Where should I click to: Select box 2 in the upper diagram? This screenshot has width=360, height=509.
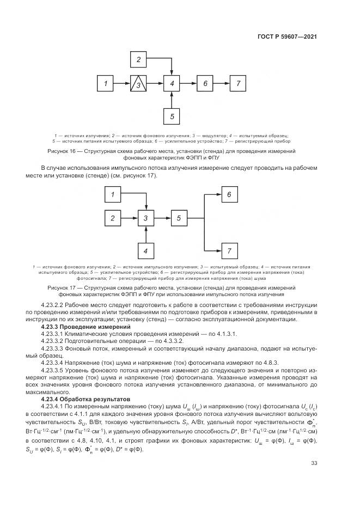point(139,59)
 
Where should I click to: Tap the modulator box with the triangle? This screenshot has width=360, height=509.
point(139,84)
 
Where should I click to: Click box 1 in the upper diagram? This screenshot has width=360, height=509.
point(106,84)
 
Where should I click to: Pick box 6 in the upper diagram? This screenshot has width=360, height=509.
point(205,84)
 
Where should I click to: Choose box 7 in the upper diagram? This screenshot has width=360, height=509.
point(238,84)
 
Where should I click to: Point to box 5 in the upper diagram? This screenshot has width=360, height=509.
point(172,116)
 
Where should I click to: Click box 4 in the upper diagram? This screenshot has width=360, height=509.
point(172,84)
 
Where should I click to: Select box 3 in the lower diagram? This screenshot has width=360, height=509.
point(145,218)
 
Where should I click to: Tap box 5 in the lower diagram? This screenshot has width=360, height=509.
point(179,218)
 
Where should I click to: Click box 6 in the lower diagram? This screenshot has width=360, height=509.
point(229,194)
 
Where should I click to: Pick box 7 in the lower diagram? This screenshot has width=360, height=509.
point(229,251)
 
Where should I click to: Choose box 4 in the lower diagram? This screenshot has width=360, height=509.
point(145,251)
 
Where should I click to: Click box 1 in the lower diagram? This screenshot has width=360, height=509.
point(113,194)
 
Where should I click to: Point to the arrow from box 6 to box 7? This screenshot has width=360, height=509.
point(221,84)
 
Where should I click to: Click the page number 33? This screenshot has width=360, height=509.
point(314,463)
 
